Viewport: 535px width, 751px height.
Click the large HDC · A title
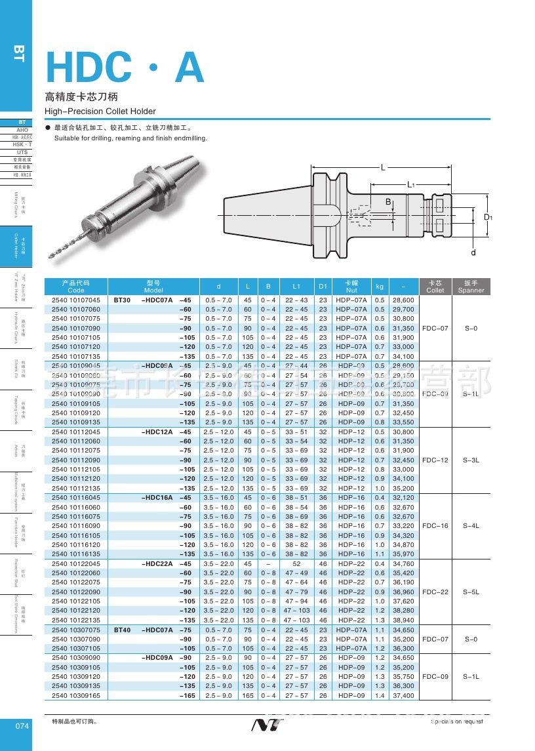pyautogui.click(x=125, y=68)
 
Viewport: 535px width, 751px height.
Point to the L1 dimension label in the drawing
pyautogui.click(x=411, y=185)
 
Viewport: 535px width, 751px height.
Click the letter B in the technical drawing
pyautogui.click(x=387, y=201)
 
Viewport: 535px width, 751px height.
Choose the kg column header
pyautogui.click(x=380, y=287)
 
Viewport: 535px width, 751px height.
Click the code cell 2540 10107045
pyautogui.click(x=76, y=300)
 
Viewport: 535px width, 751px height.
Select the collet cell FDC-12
pyautogui.click(x=435, y=460)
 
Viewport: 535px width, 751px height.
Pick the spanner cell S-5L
pyautogui.click(x=471, y=592)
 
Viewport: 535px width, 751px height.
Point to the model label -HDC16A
pyautogui.click(x=157, y=498)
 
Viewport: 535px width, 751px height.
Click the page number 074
pyautogui.click(x=22, y=726)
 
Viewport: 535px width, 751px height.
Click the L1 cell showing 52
pyautogui.click(x=296, y=563)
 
